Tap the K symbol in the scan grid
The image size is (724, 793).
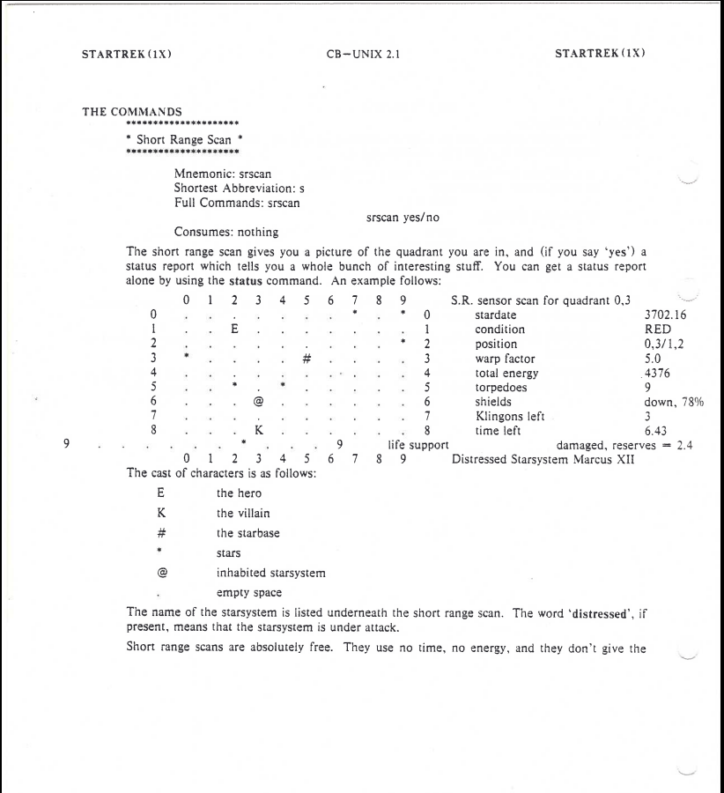pyautogui.click(x=259, y=430)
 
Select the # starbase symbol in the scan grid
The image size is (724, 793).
pyautogui.click(x=307, y=359)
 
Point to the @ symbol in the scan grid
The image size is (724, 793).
pyautogui.click(x=259, y=401)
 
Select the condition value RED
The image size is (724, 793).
pyautogui.click(x=658, y=329)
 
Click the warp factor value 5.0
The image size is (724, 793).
pyautogui.click(x=654, y=358)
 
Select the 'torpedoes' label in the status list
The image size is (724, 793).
pyautogui.click(x=503, y=387)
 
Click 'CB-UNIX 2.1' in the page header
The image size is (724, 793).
pyautogui.click(x=361, y=52)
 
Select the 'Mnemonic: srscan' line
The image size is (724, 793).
pyautogui.click(x=223, y=174)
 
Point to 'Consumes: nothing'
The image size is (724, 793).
pyautogui.click(x=226, y=233)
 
